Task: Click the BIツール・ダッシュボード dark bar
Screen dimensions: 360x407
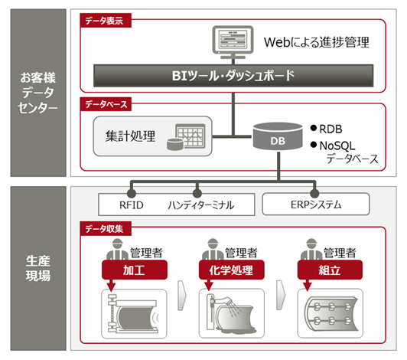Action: pyautogui.click(x=230, y=76)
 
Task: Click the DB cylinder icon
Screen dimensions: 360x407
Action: pyautogui.click(x=276, y=139)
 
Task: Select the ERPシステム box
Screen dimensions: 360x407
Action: pyautogui.click(x=315, y=204)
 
